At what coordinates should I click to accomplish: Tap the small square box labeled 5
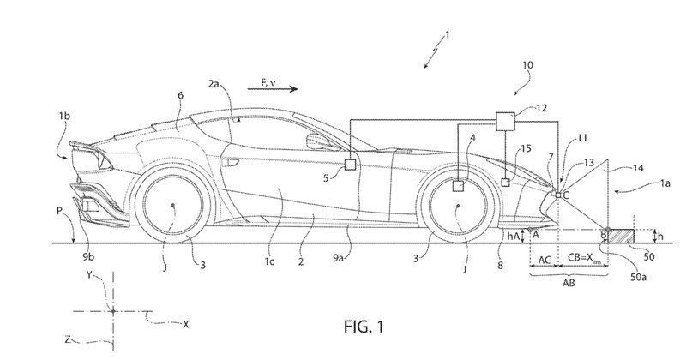[350, 164]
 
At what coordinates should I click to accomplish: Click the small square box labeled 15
[507, 182]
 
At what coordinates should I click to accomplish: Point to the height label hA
[514, 234]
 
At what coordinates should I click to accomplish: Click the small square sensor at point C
[557, 195]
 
